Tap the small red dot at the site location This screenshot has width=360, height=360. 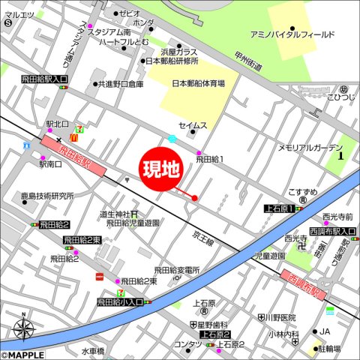click(x=195, y=198)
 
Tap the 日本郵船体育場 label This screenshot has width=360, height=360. click(x=198, y=84)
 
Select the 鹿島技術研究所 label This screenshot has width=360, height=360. click(x=46, y=196)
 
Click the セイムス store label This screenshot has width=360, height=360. click(x=192, y=126)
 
